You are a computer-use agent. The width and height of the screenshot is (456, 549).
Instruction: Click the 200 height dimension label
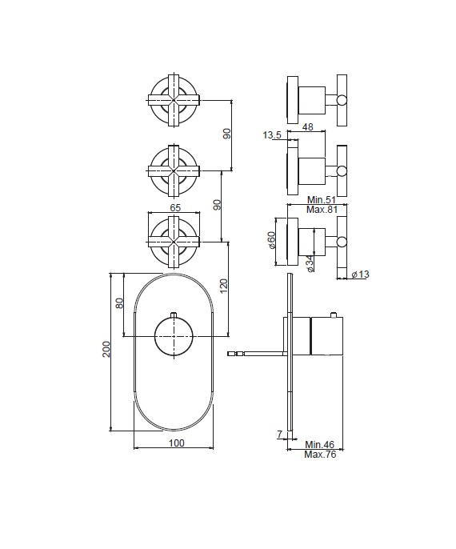coord(106,349)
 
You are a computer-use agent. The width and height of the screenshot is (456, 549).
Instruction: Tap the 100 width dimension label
coord(176,443)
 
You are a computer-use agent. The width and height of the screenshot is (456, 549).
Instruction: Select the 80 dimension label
coord(119,303)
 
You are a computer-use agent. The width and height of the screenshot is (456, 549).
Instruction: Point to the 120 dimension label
coord(224,286)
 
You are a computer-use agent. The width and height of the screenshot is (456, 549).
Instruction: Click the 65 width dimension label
coord(175,207)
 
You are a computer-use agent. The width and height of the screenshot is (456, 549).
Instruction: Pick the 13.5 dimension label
coord(272,134)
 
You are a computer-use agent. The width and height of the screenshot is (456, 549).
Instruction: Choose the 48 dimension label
coord(307,126)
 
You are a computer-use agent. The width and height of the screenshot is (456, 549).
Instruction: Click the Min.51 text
coord(322,200)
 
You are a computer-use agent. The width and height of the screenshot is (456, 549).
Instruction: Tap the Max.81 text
coord(322,210)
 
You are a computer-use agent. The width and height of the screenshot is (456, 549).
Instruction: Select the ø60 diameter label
coord(272,240)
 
